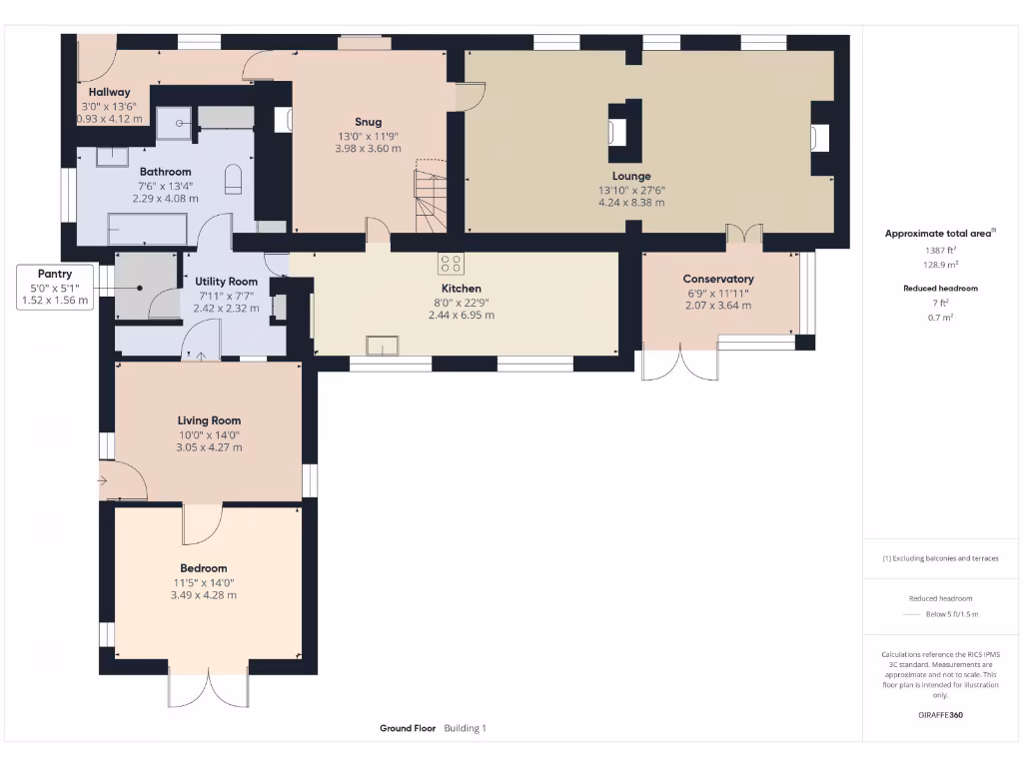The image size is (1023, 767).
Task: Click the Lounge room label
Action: [x=631, y=176]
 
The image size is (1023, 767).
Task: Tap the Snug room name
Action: [x=368, y=122]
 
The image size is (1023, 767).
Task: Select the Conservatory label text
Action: [x=718, y=279]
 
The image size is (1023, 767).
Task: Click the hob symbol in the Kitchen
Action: [x=451, y=264]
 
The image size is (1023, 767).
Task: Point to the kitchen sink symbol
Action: [x=383, y=346]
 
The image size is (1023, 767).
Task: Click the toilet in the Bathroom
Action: [x=234, y=179]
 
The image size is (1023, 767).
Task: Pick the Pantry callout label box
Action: [x=55, y=287]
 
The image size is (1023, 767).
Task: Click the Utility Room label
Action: [x=227, y=283]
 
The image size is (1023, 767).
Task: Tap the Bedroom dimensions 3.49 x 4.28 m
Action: [x=204, y=595]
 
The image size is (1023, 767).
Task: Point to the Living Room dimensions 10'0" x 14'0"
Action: [x=210, y=434]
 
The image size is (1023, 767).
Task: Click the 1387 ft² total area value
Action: [x=940, y=251]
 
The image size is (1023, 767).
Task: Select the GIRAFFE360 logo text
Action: [x=940, y=715]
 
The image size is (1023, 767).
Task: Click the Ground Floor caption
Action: [x=408, y=729]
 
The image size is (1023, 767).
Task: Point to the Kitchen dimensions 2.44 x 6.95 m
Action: [x=462, y=315]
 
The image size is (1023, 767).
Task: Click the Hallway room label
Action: [x=110, y=92]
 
